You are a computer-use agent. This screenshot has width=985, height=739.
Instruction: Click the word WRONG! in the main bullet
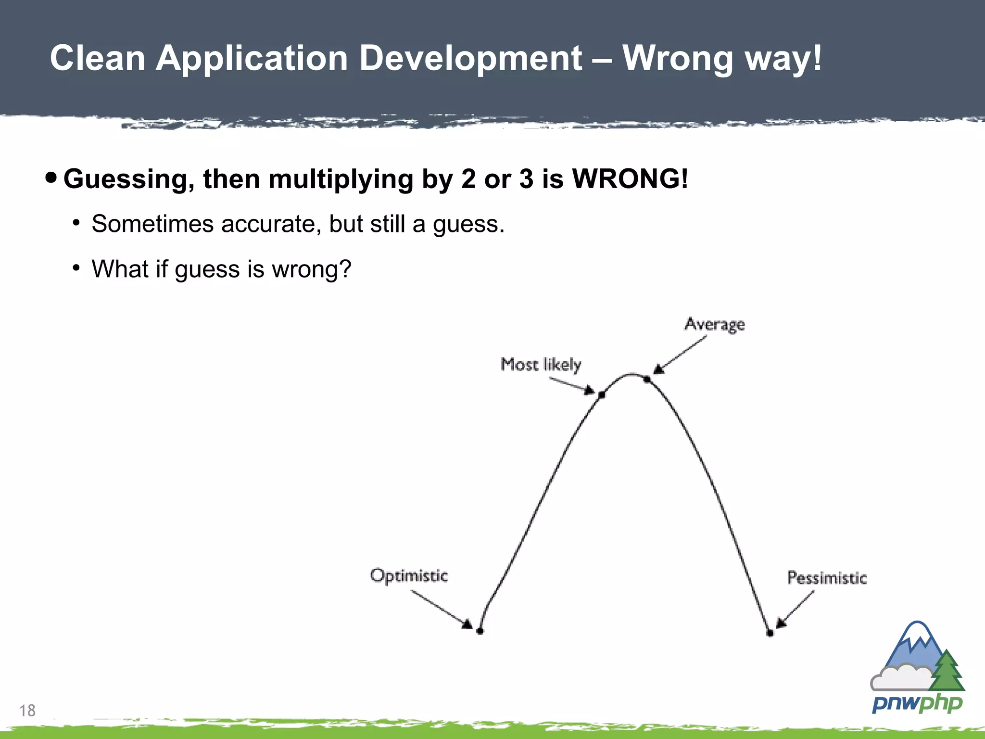click(x=630, y=179)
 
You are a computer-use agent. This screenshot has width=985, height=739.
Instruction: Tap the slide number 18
click(x=27, y=711)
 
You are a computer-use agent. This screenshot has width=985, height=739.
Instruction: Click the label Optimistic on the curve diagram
click(x=409, y=575)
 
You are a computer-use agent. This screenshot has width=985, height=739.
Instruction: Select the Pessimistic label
click(x=827, y=578)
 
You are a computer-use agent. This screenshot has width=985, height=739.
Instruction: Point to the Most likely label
click(x=541, y=365)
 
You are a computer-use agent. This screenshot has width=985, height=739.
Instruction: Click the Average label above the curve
click(x=715, y=325)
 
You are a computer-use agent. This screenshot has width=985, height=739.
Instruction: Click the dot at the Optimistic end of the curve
click(x=480, y=631)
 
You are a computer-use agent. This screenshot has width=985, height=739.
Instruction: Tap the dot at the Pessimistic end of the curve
click(x=770, y=633)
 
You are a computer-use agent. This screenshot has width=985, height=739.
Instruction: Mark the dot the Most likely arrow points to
click(x=602, y=395)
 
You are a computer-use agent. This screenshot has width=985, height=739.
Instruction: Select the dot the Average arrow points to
click(x=647, y=380)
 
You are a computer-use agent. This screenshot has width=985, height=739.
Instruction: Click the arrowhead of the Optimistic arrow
click(x=467, y=624)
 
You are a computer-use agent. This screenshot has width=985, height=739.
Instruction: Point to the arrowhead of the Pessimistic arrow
click(x=781, y=623)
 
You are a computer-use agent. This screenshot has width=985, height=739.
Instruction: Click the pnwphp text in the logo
click(x=917, y=704)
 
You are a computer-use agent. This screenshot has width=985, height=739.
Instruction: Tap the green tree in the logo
click(x=947, y=671)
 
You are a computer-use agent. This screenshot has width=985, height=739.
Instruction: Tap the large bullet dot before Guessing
click(x=51, y=178)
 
